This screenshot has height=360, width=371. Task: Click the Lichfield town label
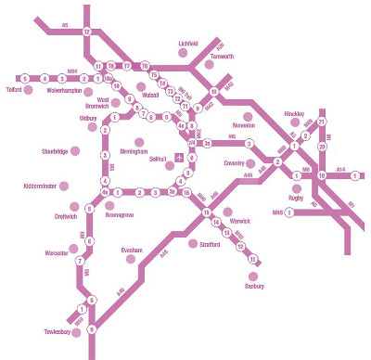pyautogui.click(x=188, y=43)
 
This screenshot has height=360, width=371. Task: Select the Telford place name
pyautogui.click(x=14, y=91)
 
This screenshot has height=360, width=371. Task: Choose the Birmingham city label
pyautogui.click(x=134, y=150)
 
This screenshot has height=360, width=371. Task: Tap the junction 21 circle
pyautogui.click(x=322, y=122)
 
